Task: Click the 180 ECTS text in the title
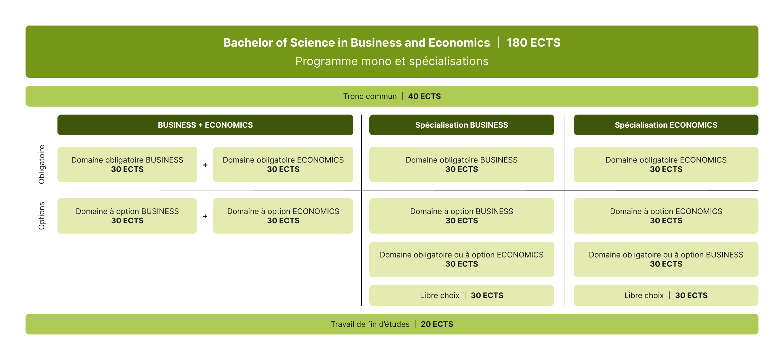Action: tap(533, 42)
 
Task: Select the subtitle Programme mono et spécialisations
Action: tap(392, 61)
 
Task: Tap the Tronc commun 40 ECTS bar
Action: tap(392, 96)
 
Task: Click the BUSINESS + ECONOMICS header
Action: tap(205, 125)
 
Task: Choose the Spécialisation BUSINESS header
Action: tap(462, 125)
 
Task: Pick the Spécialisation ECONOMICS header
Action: tap(666, 125)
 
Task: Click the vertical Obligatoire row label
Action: tap(41, 164)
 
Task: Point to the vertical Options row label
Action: tap(41, 216)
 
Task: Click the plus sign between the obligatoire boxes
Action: tap(205, 165)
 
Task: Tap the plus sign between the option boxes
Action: tap(205, 216)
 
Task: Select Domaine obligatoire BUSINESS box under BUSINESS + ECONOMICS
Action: tap(127, 164)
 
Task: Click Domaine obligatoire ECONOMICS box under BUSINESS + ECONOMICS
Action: tap(283, 164)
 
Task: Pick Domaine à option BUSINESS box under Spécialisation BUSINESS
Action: tap(462, 216)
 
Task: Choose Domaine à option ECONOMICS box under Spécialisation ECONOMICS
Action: tap(666, 216)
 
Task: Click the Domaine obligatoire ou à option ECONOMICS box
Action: tap(462, 259)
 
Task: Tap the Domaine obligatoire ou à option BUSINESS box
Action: tap(666, 259)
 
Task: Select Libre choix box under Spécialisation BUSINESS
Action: tap(462, 295)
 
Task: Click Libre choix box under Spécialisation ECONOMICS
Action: tap(666, 295)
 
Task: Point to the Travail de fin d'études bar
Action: tap(392, 324)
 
